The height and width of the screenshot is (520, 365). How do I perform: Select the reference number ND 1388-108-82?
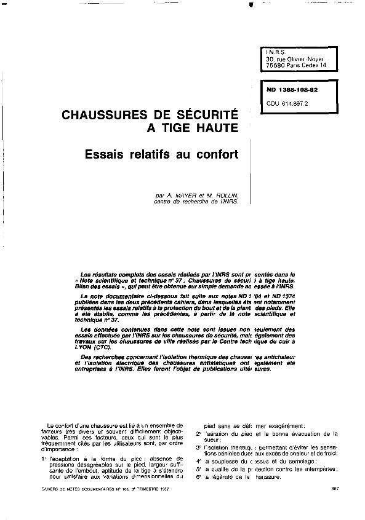(x=292, y=90)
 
